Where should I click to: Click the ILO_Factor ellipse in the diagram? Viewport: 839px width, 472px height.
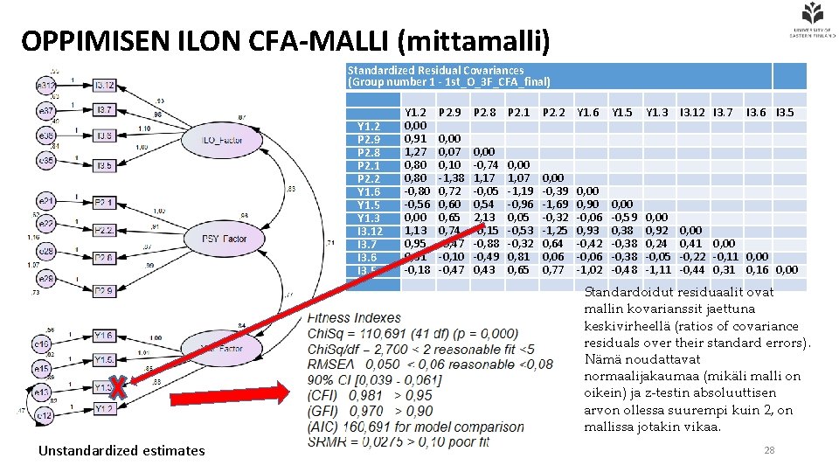point(219,140)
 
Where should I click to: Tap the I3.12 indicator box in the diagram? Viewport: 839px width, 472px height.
point(104,86)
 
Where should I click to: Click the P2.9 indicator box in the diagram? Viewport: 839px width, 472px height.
point(104,290)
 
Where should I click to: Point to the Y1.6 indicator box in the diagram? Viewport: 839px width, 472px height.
point(104,336)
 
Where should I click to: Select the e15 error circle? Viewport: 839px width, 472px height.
point(41,370)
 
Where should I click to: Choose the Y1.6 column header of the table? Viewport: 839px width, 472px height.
point(588,112)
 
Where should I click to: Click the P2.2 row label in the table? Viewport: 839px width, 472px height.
point(368,177)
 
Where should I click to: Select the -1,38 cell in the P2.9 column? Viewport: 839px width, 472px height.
point(450,177)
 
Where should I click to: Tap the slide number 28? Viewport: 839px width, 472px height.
point(769,449)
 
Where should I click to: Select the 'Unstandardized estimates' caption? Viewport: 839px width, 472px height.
point(121,450)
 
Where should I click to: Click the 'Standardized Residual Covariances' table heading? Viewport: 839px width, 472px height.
point(435,70)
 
